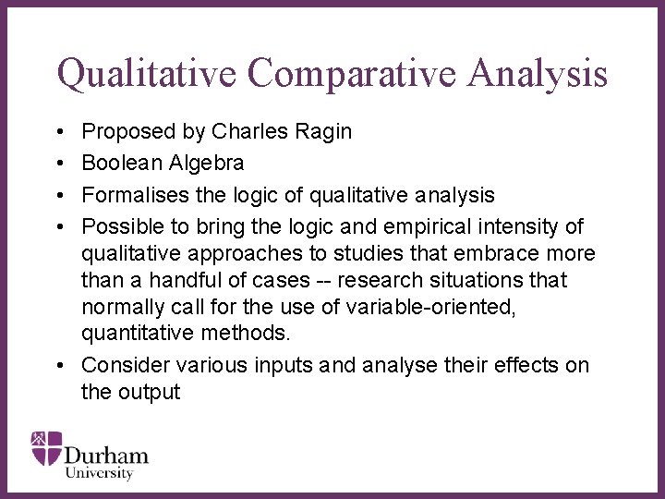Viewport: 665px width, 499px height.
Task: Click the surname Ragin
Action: [323, 132]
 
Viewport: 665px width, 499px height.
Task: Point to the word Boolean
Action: [117, 164]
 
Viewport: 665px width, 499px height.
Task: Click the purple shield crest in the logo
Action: [47, 447]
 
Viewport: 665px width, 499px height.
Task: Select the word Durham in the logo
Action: [105, 455]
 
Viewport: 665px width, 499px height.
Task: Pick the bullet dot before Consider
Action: [60, 366]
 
